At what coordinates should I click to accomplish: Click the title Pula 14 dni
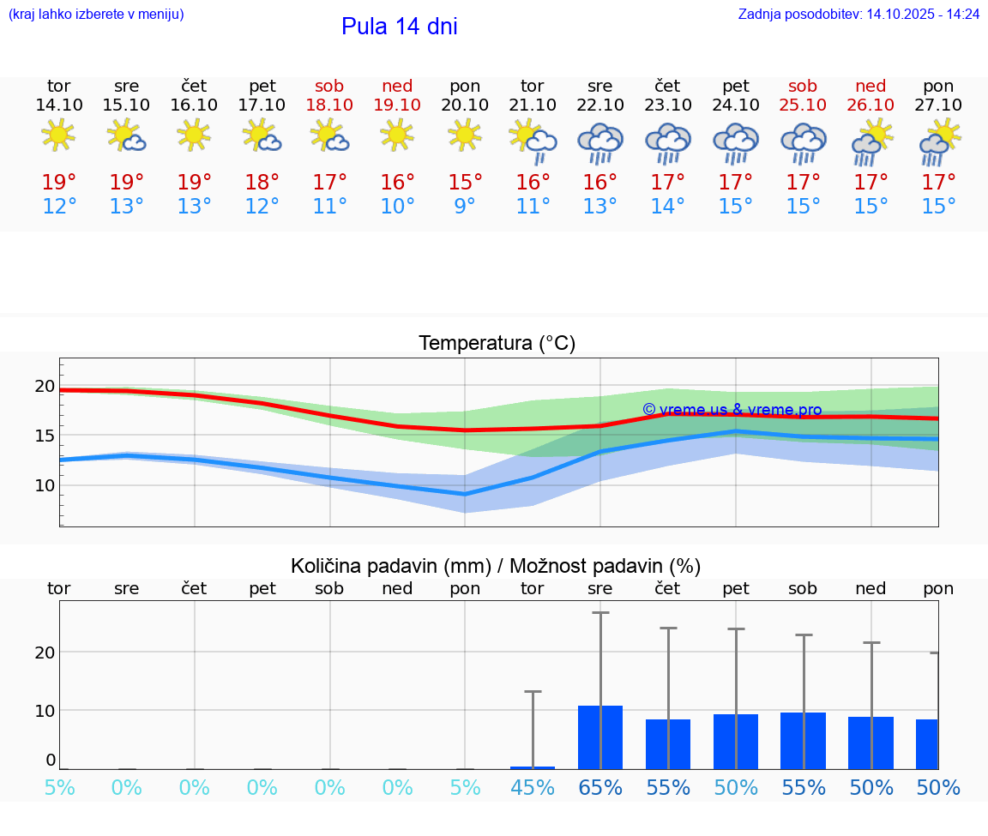click(x=399, y=27)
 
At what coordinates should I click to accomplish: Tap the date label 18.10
click(x=329, y=105)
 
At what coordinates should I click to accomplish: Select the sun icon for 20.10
click(x=465, y=135)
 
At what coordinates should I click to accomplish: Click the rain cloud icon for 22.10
click(x=599, y=142)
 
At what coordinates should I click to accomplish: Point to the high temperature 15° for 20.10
click(x=465, y=183)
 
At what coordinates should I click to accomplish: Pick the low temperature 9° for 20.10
click(x=465, y=207)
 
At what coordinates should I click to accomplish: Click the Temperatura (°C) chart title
click(x=497, y=344)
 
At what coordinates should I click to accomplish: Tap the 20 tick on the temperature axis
click(x=45, y=387)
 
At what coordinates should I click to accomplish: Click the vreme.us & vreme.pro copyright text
click(x=732, y=410)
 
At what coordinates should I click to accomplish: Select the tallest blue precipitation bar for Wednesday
click(x=599, y=737)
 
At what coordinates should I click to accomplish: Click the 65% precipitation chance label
click(x=600, y=787)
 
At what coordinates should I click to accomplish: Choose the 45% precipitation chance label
click(x=533, y=787)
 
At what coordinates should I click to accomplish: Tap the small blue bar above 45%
click(x=533, y=767)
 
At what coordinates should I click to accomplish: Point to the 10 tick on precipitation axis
click(x=45, y=710)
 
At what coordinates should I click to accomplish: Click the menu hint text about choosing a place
click(x=96, y=15)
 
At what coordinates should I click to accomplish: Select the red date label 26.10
click(x=871, y=105)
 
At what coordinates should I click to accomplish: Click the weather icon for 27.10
click(x=939, y=142)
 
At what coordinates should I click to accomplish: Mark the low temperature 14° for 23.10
click(x=667, y=207)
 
